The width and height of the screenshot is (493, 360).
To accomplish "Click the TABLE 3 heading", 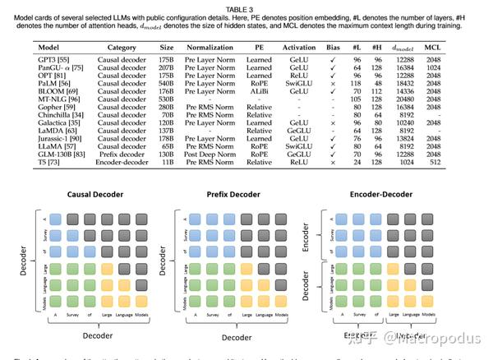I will pos(246,7).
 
